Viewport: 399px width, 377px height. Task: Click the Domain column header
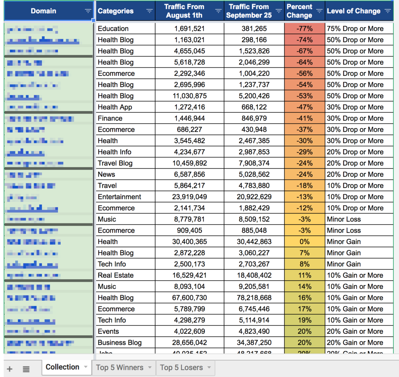pos(43,11)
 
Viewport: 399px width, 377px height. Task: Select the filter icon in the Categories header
pos(149,11)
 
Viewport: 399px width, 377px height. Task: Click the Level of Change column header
pos(353,11)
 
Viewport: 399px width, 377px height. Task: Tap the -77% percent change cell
pos(305,29)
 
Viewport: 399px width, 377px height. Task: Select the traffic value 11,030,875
pos(190,96)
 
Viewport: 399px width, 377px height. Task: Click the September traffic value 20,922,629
pos(254,197)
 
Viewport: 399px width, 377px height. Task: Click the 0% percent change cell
pos(305,242)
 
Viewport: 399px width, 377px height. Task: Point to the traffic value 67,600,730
pos(190,298)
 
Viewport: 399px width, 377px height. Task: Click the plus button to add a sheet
pos(10,369)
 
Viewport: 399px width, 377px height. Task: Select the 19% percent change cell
pos(305,320)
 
